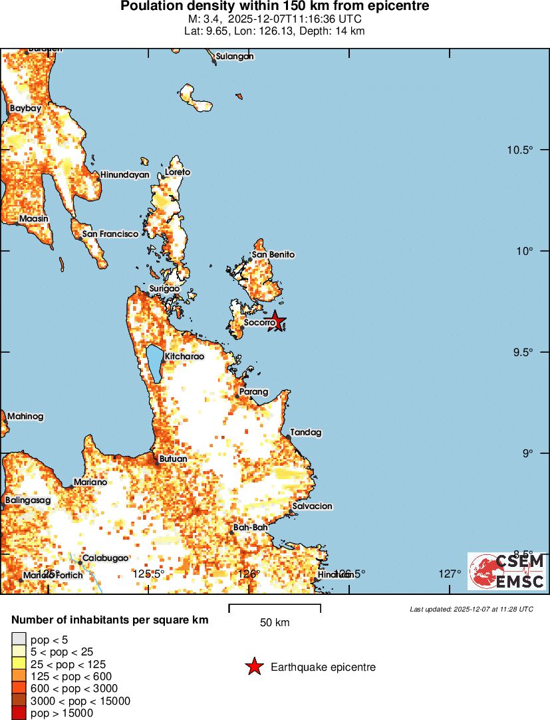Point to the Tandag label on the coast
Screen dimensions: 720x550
point(305,432)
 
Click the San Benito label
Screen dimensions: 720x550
point(273,254)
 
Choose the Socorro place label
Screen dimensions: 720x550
point(259,323)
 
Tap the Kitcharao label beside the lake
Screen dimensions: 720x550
point(184,356)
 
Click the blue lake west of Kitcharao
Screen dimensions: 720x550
point(155,363)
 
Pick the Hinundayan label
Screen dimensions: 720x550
point(124,174)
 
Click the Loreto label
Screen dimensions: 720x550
point(177,172)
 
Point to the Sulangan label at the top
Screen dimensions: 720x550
point(235,57)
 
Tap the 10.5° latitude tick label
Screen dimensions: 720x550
point(519,150)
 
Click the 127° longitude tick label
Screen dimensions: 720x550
point(450,574)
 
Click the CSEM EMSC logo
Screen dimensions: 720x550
point(507,571)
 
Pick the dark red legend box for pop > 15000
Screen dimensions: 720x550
point(19,713)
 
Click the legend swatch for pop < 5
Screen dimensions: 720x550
point(19,639)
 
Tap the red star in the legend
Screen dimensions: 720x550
point(254,667)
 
